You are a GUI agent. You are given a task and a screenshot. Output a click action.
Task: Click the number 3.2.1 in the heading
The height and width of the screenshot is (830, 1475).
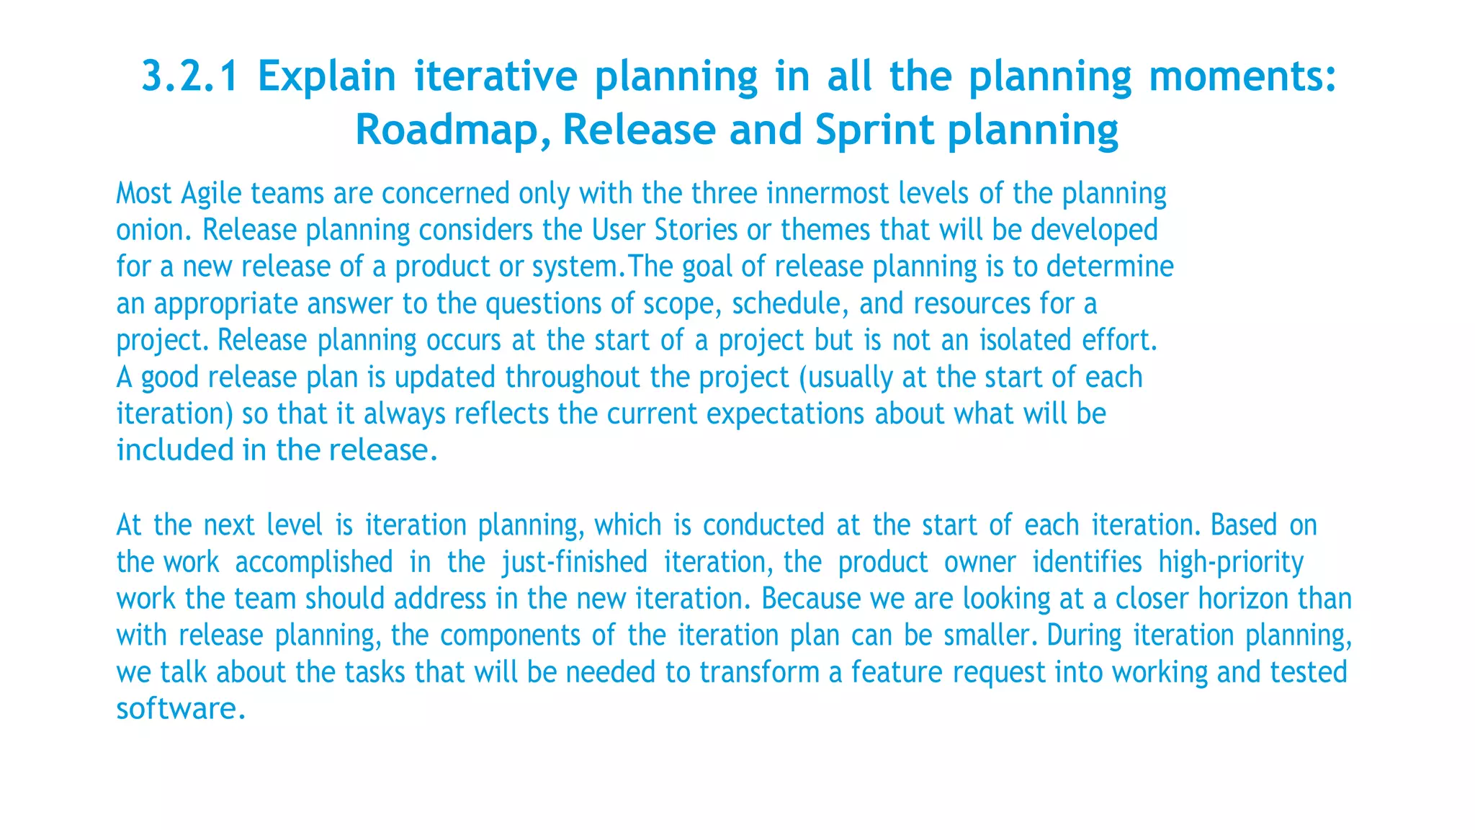coord(189,76)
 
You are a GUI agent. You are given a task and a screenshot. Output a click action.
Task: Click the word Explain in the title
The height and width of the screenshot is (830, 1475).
coord(327,76)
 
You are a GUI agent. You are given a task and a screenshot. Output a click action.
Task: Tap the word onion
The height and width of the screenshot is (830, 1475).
coord(154,231)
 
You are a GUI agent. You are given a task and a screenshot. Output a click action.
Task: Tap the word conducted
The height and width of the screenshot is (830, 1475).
coord(763,525)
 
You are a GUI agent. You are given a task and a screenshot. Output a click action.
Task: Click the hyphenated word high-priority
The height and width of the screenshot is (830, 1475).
coord(1231,562)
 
